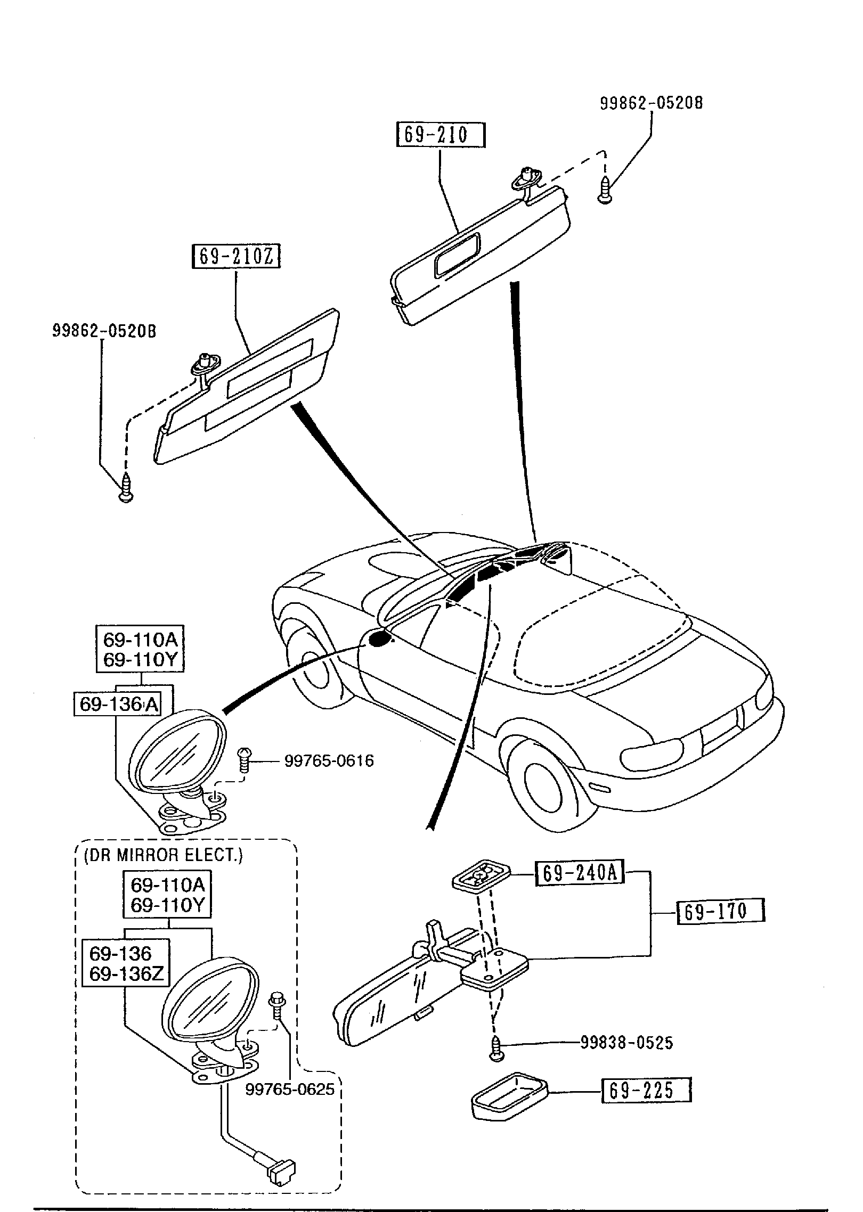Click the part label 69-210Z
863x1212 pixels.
pyautogui.click(x=236, y=257)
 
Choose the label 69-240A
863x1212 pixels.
pyautogui.click(x=579, y=873)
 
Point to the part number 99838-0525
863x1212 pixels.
pyautogui.click(x=626, y=1043)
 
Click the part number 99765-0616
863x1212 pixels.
pyautogui.click(x=329, y=761)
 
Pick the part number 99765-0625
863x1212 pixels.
pyautogui.click(x=290, y=1089)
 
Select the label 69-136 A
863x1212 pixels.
pyautogui.click(x=119, y=704)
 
